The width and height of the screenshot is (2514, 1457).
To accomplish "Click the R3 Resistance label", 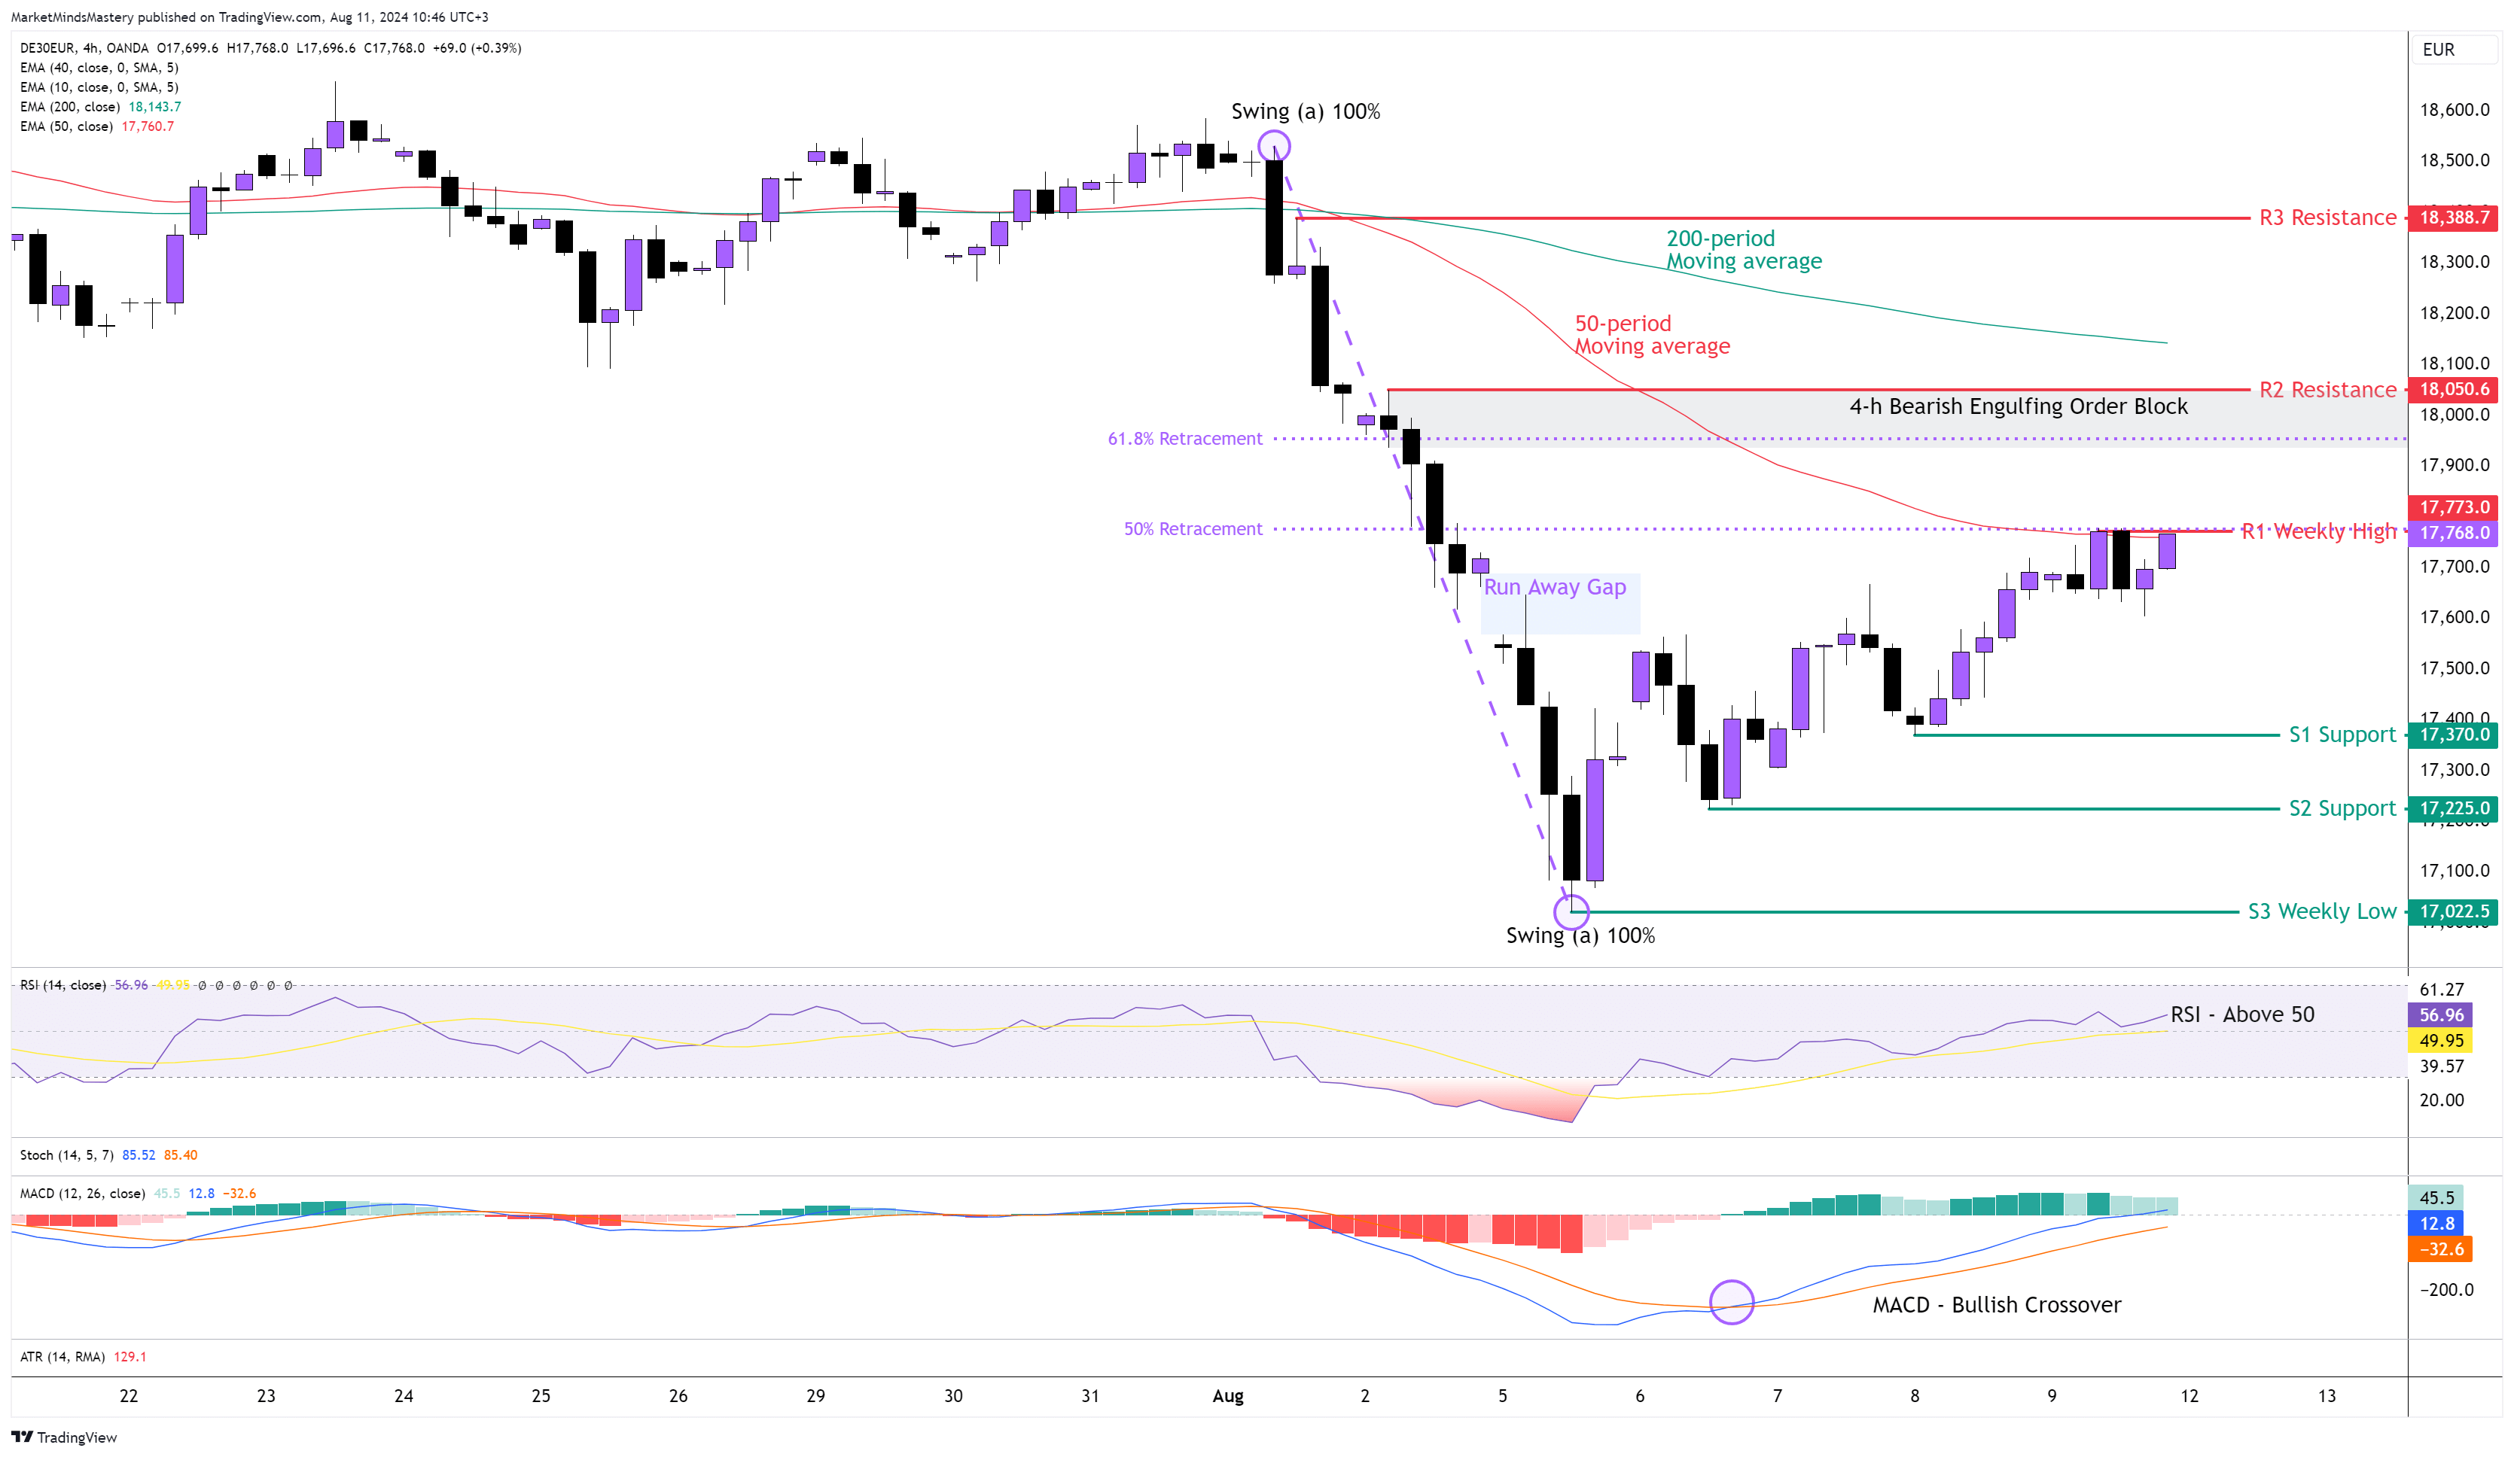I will [2327, 217].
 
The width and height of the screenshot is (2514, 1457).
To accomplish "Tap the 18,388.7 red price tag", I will [2452, 217].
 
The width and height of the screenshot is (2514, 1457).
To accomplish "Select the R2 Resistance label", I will [2327, 390].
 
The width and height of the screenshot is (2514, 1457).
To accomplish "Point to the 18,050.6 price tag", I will [2452, 389].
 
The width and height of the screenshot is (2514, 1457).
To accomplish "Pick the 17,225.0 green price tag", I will [2452, 809].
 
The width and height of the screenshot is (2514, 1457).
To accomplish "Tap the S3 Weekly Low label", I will [2320, 911].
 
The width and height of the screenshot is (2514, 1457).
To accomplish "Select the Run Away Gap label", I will [1554, 587].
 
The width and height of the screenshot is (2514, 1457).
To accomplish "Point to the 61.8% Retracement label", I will [1184, 439].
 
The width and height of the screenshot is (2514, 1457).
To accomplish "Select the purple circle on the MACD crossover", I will [1731, 1303].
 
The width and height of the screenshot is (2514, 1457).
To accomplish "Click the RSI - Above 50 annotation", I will [2241, 1015].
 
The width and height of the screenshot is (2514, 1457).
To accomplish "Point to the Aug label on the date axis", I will [1227, 1396].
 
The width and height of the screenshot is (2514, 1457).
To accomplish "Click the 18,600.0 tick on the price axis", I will [2453, 110].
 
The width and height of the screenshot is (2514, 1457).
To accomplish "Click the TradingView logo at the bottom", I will [65, 1437].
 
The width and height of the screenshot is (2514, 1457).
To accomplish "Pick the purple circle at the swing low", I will [1571, 911].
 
